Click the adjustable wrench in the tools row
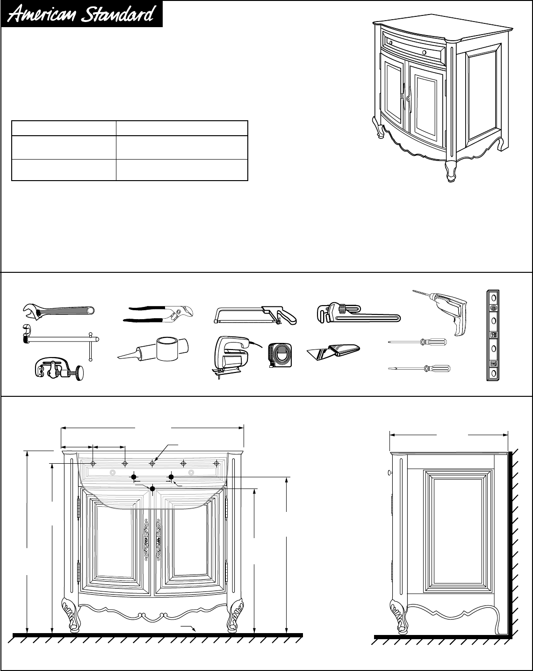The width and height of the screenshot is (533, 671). tap(58, 309)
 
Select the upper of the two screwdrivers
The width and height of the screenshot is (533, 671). tap(418, 343)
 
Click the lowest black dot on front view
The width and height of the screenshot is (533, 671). tap(152, 489)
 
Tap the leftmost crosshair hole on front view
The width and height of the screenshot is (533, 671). tap(93, 463)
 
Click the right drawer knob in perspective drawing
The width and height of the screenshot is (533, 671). tap(423, 52)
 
